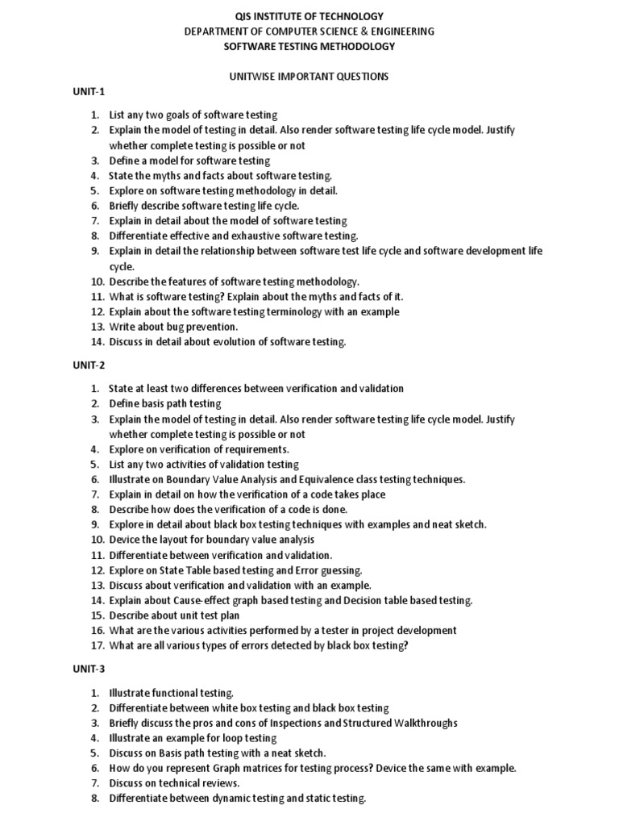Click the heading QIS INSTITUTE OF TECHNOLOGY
(x=309, y=16)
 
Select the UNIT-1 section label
(x=89, y=93)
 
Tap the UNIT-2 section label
(x=89, y=365)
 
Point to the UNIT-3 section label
(x=89, y=670)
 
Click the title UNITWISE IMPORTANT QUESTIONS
(x=309, y=77)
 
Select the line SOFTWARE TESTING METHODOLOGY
(x=309, y=47)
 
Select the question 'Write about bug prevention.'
(x=173, y=327)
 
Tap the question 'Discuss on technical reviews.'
(x=175, y=783)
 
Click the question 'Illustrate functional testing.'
(x=172, y=693)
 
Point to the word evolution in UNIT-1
(x=234, y=342)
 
